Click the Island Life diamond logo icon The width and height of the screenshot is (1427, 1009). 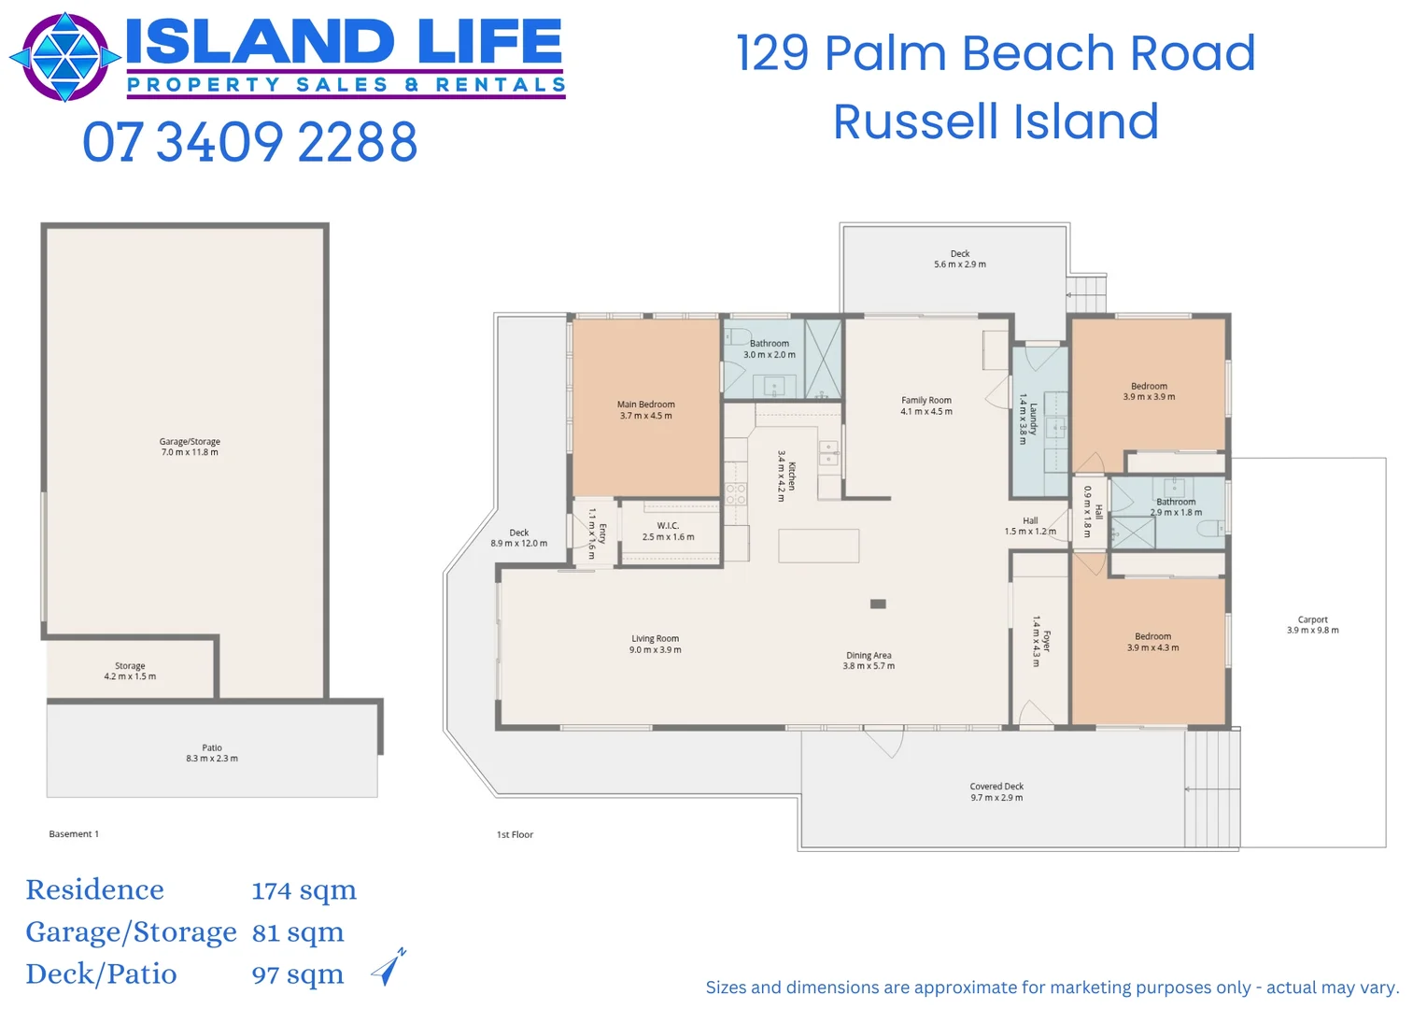[64, 57]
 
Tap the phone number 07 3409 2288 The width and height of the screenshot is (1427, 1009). [249, 142]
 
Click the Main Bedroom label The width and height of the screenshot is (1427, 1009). [645, 410]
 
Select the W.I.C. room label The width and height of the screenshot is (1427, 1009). [668, 531]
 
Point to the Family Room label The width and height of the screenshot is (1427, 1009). [925, 405]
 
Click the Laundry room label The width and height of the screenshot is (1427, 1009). [1028, 419]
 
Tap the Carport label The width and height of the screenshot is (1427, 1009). [1312, 624]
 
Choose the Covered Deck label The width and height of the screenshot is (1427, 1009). [996, 791]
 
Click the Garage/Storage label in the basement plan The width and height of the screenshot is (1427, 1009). [190, 447]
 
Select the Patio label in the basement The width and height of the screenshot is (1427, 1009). [212, 753]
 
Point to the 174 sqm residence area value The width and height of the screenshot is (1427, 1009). [304, 890]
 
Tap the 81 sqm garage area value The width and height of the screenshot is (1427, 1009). [298, 932]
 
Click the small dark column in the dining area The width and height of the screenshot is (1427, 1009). [878, 604]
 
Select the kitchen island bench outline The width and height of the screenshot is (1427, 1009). [818, 546]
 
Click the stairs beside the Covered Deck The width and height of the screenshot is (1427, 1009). [1212, 788]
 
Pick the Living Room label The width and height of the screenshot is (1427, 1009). [655, 644]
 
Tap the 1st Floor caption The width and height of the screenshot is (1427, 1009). [515, 834]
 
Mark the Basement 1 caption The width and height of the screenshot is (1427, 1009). [74, 833]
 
